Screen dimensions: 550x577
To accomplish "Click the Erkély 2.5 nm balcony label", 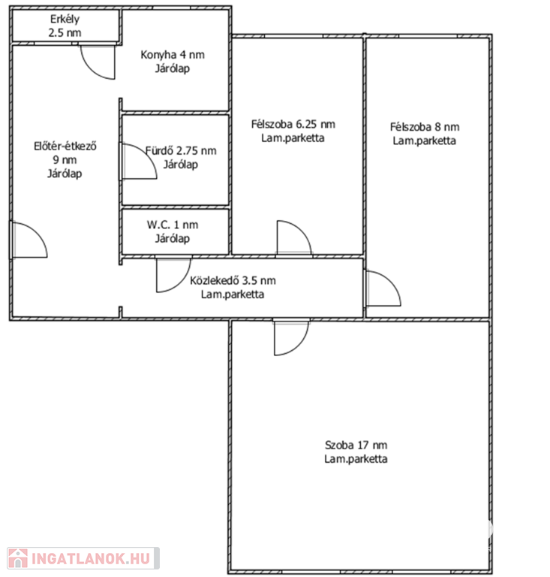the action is tap(65, 26).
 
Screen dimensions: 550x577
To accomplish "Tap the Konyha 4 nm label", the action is tap(173, 55).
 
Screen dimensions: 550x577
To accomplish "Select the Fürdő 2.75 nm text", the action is tap(181, 150).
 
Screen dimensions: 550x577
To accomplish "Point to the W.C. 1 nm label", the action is tap(173, 225).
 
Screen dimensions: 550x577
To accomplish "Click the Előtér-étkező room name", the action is tap(65, 146).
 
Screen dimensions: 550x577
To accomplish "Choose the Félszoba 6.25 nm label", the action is tap(293, 124).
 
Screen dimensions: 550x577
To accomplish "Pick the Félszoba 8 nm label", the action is tap(425, 127).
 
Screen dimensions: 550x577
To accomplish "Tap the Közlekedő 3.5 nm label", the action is tap(233, 280).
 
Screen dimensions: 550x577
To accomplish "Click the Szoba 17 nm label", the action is tap(356, 446).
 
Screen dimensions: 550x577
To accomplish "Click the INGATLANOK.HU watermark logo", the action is tap(83, 558).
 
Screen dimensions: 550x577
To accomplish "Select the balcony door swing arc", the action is tap(98, 62).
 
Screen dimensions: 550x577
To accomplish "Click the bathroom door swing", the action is tap(140, 162).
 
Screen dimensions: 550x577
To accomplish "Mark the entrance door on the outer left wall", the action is tap(29, 240).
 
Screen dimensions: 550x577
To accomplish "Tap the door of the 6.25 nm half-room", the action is tap(294, 237).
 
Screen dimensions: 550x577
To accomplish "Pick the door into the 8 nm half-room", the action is tap(383, 288).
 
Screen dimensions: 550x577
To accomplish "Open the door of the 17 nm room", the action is tap(291, 338).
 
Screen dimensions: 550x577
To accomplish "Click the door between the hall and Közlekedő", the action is tap(174, 275).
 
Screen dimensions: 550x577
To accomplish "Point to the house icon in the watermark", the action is tap(18, 558).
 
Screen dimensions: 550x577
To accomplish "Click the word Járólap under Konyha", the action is tap(173, 69).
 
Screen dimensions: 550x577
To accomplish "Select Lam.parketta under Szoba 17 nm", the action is tap(356, 459).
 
